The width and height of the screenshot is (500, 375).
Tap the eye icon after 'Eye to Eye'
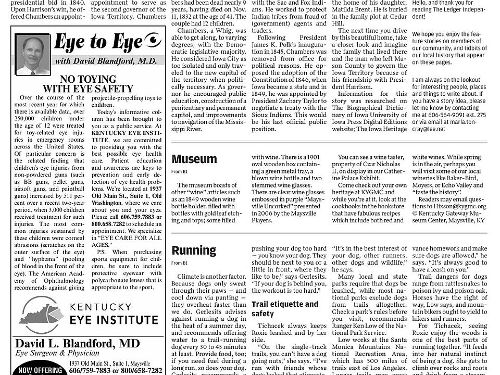153,40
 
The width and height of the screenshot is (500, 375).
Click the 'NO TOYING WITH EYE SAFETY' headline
88,84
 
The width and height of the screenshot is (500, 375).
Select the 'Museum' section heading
194,159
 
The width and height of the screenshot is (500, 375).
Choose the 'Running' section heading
194,250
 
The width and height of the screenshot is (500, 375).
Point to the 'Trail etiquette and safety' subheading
284,309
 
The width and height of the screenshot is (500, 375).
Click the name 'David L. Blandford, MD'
78,343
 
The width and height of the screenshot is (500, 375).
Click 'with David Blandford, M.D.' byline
106,61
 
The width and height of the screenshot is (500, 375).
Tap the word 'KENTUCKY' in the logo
109,306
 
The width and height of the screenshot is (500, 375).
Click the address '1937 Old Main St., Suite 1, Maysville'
109,363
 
